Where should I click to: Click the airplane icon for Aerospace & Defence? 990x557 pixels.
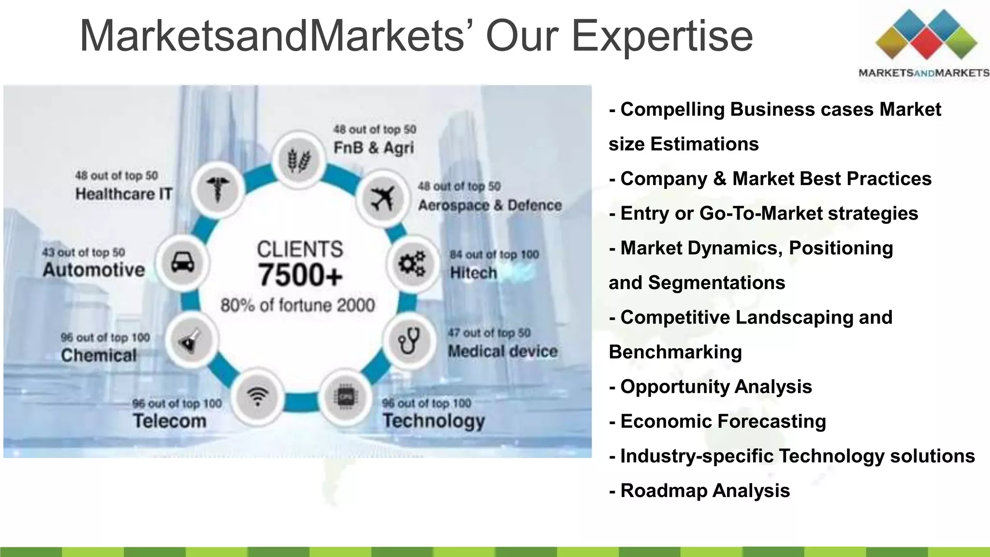[382, 199]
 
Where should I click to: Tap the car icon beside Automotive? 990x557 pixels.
[183, 263]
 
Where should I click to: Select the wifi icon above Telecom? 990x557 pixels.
[257, 397]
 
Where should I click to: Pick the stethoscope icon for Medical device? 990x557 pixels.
[409, 340]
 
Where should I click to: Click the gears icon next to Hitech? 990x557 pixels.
[411, 264]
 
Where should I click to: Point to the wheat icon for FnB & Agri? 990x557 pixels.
[298, 160]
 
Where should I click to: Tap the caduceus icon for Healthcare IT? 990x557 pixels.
[217, 189]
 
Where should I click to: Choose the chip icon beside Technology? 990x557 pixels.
[345, 397]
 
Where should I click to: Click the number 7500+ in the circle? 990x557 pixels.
[300, 275]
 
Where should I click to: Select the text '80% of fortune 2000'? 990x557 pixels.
[298, 305]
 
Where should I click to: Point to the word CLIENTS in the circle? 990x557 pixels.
[300, 249]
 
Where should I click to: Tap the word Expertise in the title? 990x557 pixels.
[662, 36]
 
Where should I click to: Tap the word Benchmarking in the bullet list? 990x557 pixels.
[675, 352]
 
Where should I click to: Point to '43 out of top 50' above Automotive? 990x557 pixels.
[83, 252]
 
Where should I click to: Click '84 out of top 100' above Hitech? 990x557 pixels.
[494, 254]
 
